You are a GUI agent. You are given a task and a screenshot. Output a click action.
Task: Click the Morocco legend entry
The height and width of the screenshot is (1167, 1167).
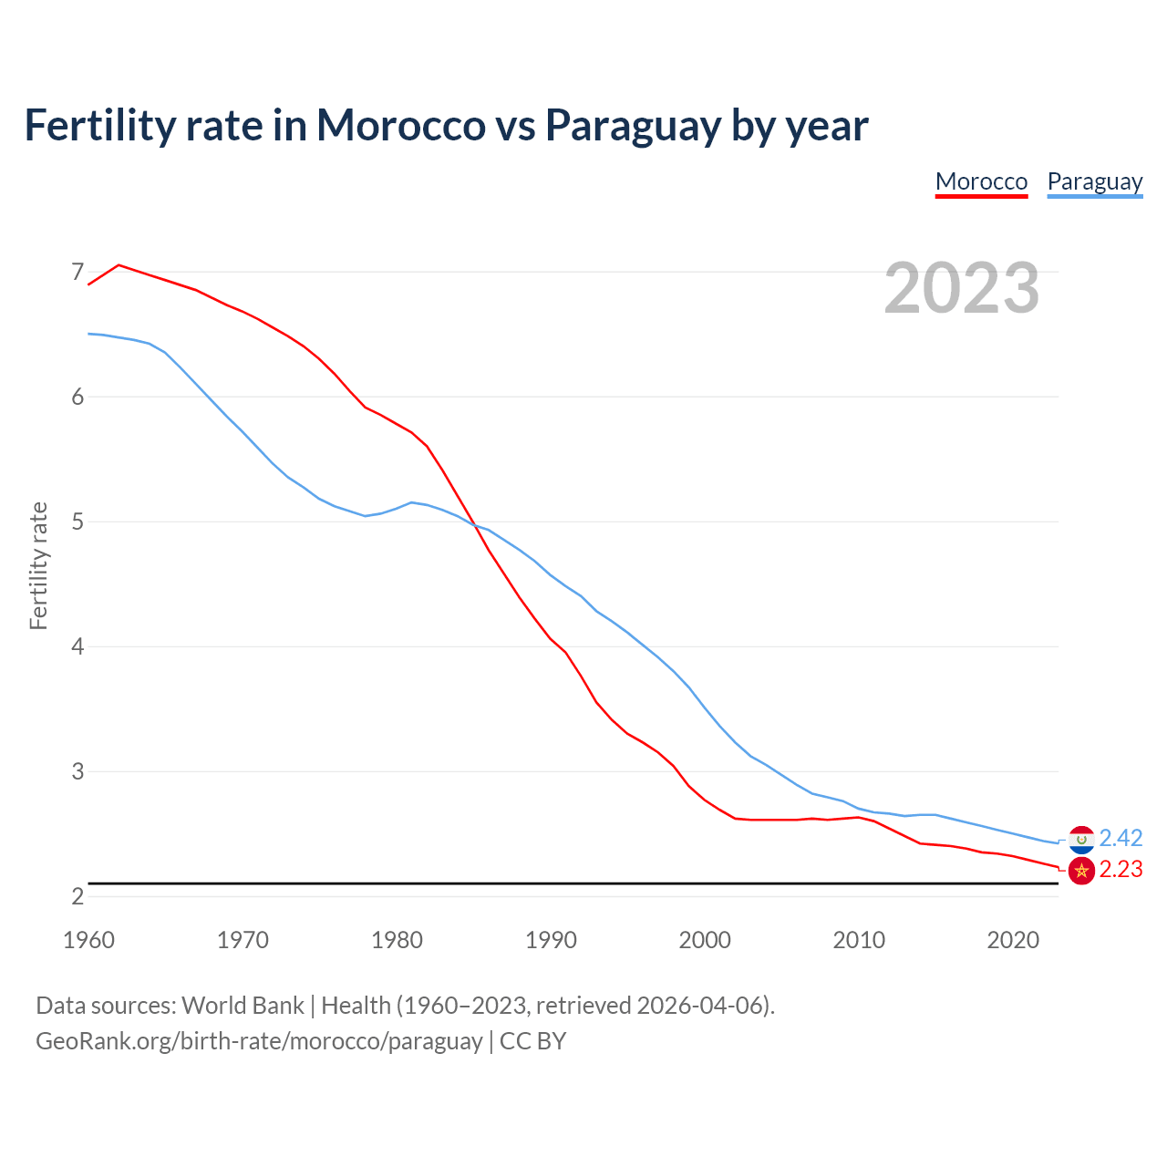click(981, 181)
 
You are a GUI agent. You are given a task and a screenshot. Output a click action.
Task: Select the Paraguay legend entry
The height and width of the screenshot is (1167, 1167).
click(1094, 181)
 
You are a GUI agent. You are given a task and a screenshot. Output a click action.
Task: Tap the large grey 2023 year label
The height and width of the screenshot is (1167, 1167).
click(962, 288)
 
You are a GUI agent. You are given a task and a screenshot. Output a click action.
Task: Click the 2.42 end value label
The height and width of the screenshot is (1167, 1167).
click(1121, 838)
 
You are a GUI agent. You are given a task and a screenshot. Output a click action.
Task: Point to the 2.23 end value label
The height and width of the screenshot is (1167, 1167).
click(1121, 870)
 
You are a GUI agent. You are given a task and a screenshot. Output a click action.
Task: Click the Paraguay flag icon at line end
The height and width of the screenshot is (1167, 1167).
click(1081, 839)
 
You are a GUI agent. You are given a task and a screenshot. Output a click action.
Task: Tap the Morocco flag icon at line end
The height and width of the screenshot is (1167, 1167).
click(1081, 871)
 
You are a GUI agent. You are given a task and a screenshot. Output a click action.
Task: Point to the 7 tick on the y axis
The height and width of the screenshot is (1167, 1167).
click(77, 272)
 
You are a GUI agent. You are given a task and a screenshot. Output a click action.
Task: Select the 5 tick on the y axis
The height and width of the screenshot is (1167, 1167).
click(77, 522)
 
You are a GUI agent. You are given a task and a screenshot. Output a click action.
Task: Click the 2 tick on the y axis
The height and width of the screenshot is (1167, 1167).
click(77, 896)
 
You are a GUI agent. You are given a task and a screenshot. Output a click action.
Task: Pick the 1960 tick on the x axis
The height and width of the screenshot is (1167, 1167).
click(88, 940)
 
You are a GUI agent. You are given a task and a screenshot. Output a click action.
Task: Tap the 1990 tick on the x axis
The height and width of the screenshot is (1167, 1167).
click(551, 940)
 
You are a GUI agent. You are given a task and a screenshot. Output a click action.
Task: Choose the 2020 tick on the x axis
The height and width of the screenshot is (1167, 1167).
click(1013, 940)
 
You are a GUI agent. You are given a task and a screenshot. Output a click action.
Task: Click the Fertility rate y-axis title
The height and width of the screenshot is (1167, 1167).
click(38, 565)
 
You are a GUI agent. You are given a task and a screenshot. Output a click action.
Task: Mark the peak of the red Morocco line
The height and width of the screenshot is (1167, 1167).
click(119, 265)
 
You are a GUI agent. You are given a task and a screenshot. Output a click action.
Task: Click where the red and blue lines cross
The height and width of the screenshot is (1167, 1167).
click(476, 525)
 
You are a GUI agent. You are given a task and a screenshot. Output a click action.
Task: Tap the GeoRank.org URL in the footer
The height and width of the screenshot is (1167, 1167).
click(259, 1041)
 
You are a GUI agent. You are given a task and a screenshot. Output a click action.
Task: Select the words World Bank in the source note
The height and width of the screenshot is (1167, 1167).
click(243, 1006)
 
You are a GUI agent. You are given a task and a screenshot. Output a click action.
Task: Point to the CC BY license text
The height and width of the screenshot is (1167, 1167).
click(532, 1041)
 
